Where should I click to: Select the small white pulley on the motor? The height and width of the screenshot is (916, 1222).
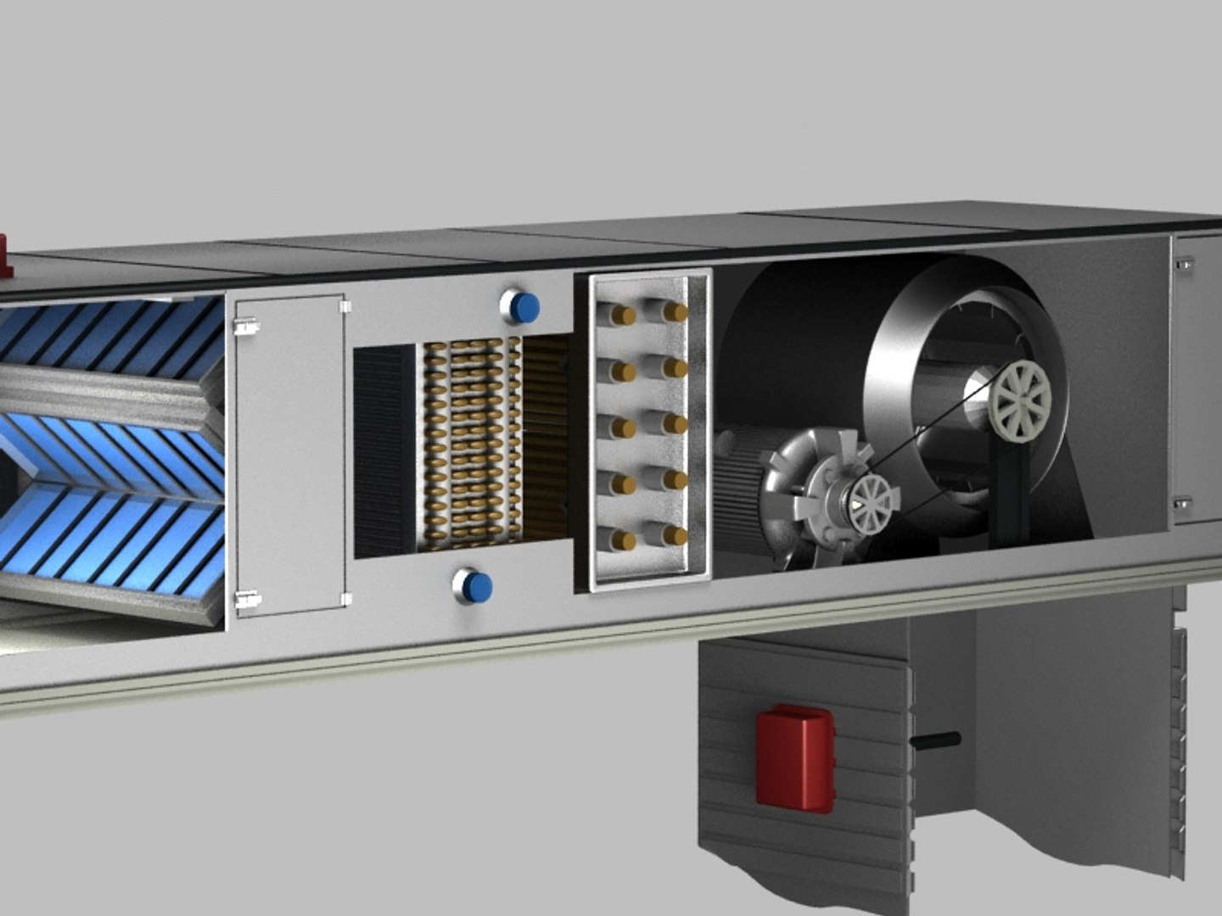pos(871,500)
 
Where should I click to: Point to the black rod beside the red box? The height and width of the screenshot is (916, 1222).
pos(934,740)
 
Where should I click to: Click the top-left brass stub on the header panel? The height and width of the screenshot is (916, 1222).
pos(623,316)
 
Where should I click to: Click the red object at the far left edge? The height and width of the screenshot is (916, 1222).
pos(5,257)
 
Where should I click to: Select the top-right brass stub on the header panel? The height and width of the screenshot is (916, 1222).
pos(675,312)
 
